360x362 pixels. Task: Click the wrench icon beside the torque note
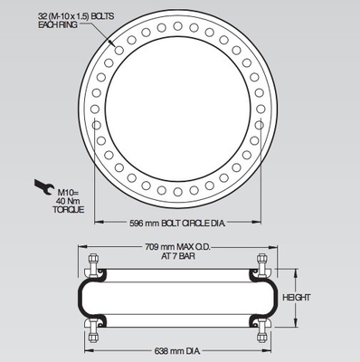tap(44, 187)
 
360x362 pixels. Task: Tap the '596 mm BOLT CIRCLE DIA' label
tap(177, 224)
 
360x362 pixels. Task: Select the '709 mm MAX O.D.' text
tap(177, 247)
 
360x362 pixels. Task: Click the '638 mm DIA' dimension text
tap(177, 351)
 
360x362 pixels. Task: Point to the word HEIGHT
tap(296, 298)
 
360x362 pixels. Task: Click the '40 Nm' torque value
tap(68, 201)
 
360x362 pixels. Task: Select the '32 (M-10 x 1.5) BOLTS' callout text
tap(76, 16)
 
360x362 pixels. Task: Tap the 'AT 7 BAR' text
tap(178, 256)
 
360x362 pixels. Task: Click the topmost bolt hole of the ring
tap(177, 26)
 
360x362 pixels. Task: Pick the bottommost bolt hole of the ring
tap(177, 192)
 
